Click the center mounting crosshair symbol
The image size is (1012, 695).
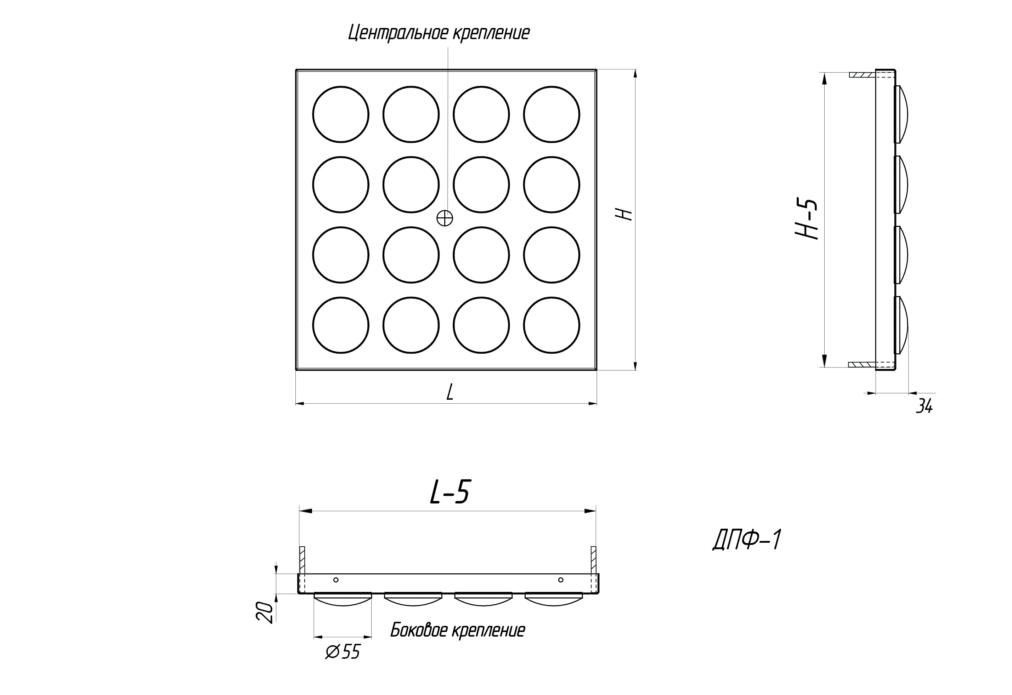tap(444, 218)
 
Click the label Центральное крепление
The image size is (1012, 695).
tap(439, 33)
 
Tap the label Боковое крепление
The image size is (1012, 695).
tap(457, 630)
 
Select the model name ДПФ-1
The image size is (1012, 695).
tap(747, 540)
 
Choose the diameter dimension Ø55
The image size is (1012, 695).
tap(343, 652)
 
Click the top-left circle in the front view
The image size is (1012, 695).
tap(341, 114)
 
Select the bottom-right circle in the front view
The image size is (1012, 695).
tap(552, 325)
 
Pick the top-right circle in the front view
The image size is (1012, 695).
tap(552, 114)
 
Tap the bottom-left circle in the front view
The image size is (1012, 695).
tap(341, 325)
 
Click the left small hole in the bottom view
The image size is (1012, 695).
tap(335, 580)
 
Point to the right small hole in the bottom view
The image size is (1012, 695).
tap(561, 580)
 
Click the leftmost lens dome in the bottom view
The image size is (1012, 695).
tap(343, 599)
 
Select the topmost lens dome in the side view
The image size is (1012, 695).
tap(902, 114)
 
